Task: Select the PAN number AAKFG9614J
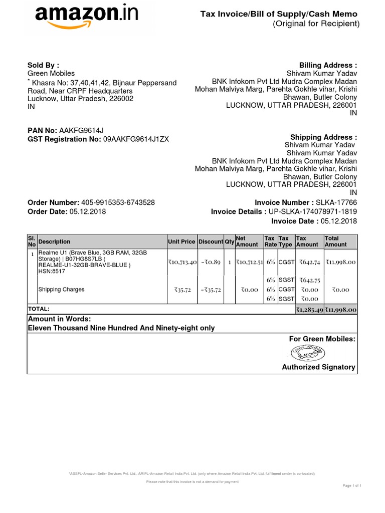(x=81, y=131)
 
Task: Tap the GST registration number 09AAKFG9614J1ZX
(x=136, y=139)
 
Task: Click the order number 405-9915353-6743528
(x=117, y=202)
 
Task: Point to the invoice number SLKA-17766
(x=336, y=202)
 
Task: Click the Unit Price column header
(x=181, y=241)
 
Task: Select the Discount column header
(x=211, y=241)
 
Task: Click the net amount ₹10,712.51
(x=250, y=261)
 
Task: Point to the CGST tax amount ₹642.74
(x=309, y=261)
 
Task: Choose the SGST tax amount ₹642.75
(x=309, y=280)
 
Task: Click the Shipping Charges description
(x=61, y=290)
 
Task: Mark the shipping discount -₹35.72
(x=211, y=290)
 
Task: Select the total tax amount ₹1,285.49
(x=309, y=310)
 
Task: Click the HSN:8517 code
(x=51, y=271)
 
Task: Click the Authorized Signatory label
(x=318, y=367)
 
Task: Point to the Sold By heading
(x=43, y=65)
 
